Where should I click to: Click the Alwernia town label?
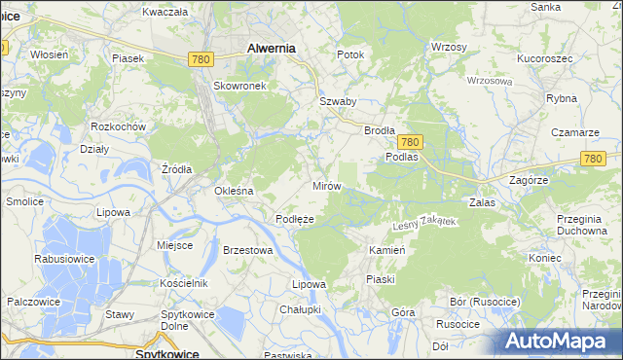[x=272, y=47]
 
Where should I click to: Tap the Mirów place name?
[x=324, y=185]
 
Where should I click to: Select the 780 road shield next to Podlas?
[x=410, y=142]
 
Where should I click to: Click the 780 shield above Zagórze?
[x=594, y=158]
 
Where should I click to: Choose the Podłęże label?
[x=294, y=219]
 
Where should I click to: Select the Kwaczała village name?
[x=164, y=12]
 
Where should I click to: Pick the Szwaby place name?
[x=338, y=100]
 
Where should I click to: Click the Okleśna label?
[x=234, y=191]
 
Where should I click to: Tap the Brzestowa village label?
[x=247, y=250]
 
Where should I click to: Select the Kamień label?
[x=386, y=250]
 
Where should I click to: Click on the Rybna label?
[x=563, y=98]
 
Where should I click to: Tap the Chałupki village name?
[x=301, y=308]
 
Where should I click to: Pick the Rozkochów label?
[x=117, y=127]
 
